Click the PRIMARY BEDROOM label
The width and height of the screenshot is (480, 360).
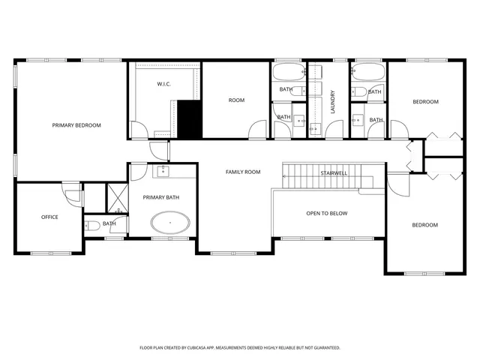pos(76,125)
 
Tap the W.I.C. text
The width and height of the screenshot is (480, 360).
pos(163,84)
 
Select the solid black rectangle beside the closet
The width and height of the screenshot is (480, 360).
pos(190,118)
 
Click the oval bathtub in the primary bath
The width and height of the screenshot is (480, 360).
pos(170,223)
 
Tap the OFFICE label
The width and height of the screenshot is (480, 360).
pos(49,217)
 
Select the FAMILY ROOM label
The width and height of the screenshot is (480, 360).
pos(243,172)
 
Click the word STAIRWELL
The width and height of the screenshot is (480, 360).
pos(334,173)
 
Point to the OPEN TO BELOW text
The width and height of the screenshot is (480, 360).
pos(326,214)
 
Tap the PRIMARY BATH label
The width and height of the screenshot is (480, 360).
pos(160,196)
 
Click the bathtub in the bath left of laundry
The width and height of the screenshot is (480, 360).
pos(288,74)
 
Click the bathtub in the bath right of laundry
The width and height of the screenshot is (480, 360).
pos(367,73)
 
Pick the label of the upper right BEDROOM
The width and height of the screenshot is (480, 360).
pos(424,102)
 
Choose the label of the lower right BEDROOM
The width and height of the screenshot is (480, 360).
pos(424,225)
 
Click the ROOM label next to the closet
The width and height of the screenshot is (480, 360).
pos(236,100)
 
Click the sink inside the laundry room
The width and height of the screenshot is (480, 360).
pos(315,128)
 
